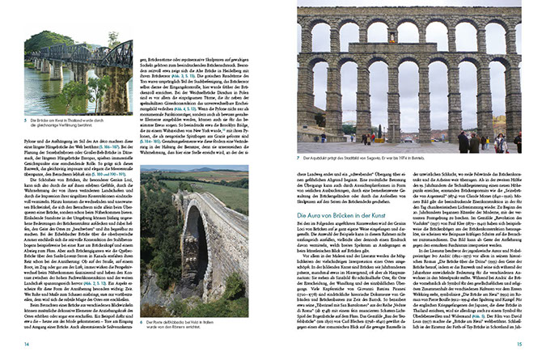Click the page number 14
[x=27, y=345]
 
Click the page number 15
[x=519, y=345]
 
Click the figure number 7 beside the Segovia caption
[x=298, y=157]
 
